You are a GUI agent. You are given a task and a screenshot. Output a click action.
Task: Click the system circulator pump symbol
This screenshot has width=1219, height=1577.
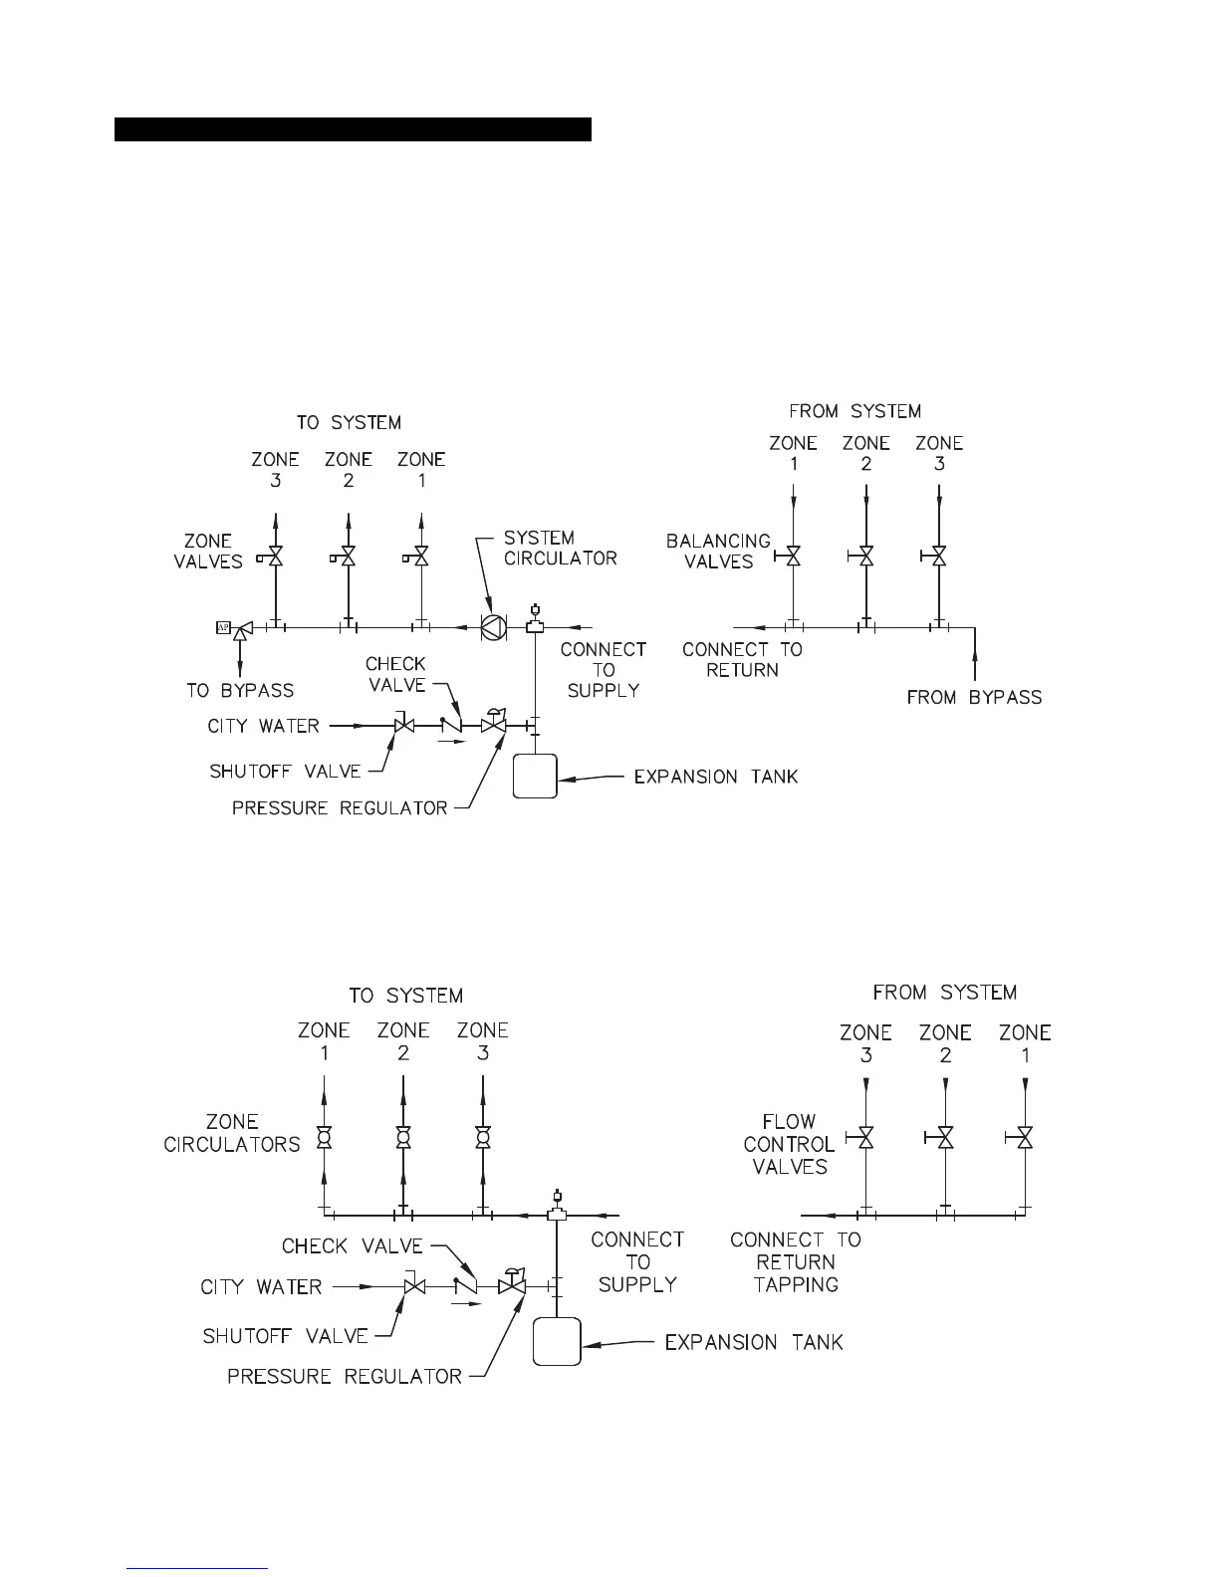493,627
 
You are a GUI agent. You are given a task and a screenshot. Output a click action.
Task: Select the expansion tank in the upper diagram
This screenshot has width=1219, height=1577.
535,777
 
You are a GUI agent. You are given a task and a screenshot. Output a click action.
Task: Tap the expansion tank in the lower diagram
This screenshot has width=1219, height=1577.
557,1342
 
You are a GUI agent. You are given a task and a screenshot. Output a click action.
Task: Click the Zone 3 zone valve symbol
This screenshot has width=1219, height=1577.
275,558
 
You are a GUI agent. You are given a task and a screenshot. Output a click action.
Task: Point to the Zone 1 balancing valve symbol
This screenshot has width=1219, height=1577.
793,556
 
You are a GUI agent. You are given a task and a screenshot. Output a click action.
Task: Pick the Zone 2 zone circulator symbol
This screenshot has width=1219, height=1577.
403,1137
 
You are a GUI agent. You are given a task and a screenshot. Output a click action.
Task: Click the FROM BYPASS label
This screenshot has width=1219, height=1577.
974,698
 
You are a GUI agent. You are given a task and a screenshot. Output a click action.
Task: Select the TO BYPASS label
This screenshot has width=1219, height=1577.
240,690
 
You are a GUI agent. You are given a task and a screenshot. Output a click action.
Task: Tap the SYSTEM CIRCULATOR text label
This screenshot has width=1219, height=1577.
560,548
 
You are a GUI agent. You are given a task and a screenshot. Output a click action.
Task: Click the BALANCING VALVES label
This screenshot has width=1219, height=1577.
718,552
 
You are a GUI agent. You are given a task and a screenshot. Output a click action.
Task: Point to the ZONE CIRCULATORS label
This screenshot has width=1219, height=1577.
232,1134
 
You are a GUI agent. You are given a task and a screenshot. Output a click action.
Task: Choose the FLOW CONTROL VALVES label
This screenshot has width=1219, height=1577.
789,1144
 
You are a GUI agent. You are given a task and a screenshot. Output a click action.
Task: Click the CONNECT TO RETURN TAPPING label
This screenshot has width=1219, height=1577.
796,1261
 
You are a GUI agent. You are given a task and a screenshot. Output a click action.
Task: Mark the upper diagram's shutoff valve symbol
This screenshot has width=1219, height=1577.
404,727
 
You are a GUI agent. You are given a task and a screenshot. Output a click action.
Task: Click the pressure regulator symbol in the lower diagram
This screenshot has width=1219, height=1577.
513,1285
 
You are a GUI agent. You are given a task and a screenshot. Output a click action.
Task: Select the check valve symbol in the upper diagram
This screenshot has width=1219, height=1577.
452,727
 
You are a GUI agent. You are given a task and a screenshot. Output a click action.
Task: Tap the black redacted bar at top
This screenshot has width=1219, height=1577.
353,129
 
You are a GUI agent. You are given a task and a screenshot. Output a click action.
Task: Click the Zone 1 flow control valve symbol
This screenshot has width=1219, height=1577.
1025,1137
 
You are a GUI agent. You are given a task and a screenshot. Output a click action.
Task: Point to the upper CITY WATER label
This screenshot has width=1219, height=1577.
263,726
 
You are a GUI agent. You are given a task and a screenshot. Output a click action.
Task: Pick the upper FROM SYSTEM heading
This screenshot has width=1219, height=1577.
854,411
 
